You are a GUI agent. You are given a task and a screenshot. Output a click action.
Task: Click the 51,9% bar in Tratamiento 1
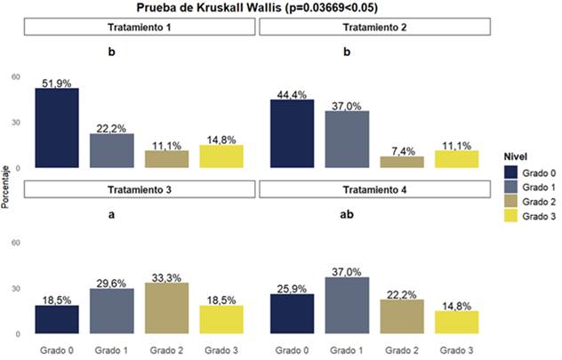point(57,128)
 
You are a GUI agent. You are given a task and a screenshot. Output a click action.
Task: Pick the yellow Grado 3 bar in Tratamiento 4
point(456,322)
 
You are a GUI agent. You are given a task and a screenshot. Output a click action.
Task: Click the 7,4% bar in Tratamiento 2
point(402,162)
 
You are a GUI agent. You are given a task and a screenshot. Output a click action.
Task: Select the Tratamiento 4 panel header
point(373,189)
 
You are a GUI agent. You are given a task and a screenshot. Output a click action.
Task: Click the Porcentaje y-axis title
point(7,187)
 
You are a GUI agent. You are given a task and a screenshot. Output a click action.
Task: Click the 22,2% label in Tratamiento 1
point(112,128)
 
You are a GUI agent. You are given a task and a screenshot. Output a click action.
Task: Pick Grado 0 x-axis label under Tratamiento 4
point(291,348)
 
